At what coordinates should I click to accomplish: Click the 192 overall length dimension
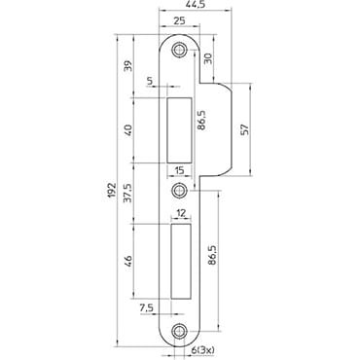point(111,190)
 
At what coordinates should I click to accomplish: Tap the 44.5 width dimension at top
point(196,4)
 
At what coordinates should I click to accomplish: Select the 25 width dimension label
point(179,20)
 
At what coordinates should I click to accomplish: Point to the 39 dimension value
point(128,66)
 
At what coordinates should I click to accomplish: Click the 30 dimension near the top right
point(208,58)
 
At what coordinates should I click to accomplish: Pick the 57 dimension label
point(245,129)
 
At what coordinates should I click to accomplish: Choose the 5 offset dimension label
point(150,81)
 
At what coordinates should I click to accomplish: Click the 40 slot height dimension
point(128,130)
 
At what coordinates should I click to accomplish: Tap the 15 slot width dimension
point(179,170)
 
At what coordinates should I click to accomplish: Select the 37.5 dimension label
point(128,193)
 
